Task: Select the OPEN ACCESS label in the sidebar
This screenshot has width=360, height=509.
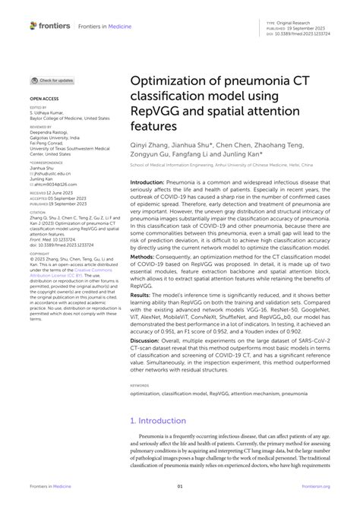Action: (45, 99)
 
